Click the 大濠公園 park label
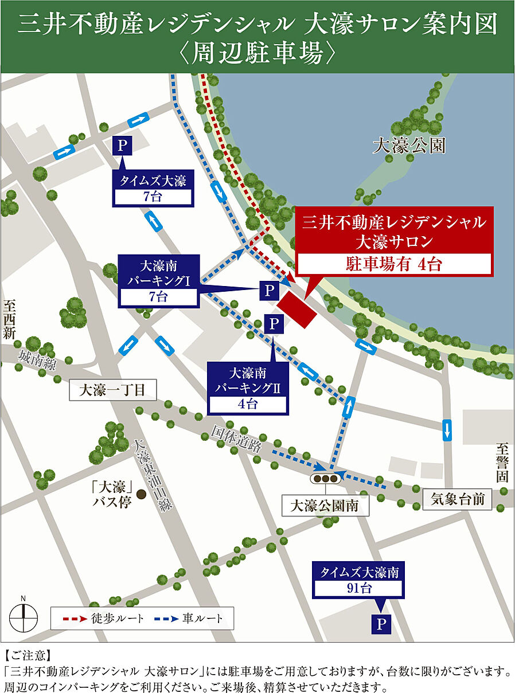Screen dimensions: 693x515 pyautogui.click(x=408, y=146)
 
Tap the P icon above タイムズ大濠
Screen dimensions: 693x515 pyautogui.click(x=122, y=146)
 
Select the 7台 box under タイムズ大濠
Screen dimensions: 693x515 pyautogui.click(x=153, y=197)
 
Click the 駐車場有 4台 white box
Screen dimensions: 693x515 pyautogui.click(x=393, y=265)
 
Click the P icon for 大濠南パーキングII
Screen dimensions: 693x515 pyautogui.click(x=274, y=324)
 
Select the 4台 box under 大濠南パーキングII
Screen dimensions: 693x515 pyautogui.click(x=248, y=404)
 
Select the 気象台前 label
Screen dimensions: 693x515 pyautogui.click(x=458, y=499)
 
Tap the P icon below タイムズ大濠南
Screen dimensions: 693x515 pyautogui.click(x=379, y=623)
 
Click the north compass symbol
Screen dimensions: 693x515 pyautogui.click(x=24, y=618)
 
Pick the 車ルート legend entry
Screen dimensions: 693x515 pyautogui.click(x=193, y=618)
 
